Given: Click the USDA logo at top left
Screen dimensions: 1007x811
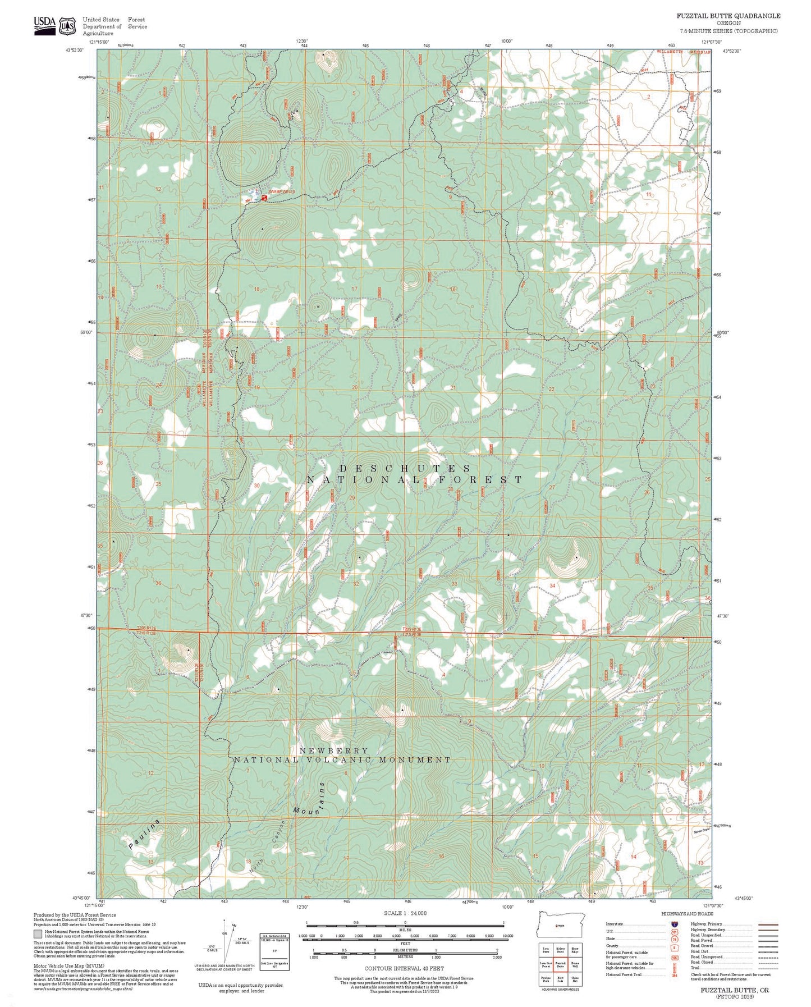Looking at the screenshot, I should [44, 25].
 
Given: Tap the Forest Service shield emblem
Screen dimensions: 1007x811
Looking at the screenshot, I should [68, 26].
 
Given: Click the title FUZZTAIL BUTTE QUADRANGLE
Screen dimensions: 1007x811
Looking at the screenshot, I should [728, 16].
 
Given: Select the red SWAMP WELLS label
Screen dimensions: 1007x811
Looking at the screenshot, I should [281, 192].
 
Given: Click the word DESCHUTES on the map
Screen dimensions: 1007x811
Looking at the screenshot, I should [405, 468].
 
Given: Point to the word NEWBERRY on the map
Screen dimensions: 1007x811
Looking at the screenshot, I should [334, 750].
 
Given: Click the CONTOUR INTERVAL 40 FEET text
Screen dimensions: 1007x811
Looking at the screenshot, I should [404, 968].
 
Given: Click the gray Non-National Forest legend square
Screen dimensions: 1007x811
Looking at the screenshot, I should [37, 935].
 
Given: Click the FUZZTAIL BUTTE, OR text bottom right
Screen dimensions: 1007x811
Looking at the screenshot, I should [734, 990].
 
